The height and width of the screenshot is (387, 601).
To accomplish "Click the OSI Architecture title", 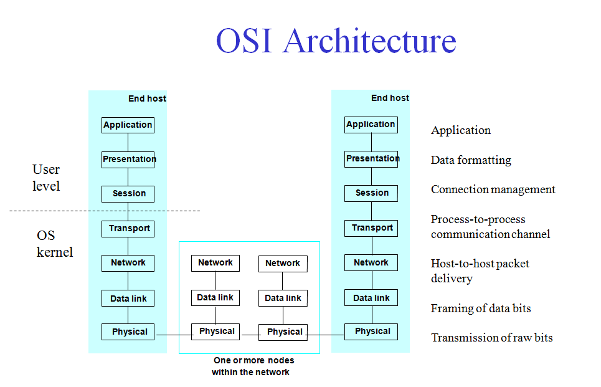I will click(x=336, y=41).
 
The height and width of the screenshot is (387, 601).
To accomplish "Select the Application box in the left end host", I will click(x=128, y=125).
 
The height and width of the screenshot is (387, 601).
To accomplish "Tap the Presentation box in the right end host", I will click(x=371, y=158).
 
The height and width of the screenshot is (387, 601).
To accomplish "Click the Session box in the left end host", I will click(x=128, y=193).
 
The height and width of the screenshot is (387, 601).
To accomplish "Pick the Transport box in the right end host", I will click(x=371, y=227).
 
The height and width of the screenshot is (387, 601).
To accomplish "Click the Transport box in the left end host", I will click(x=128, y=228).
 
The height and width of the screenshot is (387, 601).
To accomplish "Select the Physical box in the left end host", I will click(x=128, y=332).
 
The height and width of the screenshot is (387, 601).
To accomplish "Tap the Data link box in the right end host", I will click(x=371, y=298).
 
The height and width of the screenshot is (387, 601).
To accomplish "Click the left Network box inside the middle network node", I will click(x=215, y=263).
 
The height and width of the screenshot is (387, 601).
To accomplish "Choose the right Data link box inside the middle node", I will click(x=283, y=298).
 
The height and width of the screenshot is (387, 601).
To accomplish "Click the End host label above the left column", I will click(x=147, y=98).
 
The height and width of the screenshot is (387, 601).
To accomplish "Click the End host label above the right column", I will click(x=390, y=98).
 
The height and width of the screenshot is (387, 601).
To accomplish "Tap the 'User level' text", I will click(x=46, y=178).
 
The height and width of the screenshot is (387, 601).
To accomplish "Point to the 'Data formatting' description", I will click(x=471, y=160).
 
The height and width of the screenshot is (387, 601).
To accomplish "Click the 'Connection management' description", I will click(x=493, y=189).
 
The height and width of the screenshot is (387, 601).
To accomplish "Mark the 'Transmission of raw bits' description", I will click(x=491, y=338).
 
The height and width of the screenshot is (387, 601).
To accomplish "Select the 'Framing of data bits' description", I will click(x=481, y=308).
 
